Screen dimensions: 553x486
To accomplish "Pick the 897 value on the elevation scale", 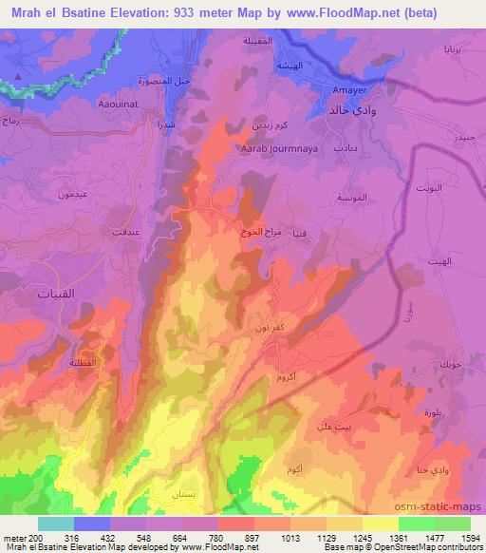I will tap(252, 538).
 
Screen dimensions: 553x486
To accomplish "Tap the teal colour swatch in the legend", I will tap(56, 524).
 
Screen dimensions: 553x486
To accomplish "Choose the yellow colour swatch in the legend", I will tap(381, 524).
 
